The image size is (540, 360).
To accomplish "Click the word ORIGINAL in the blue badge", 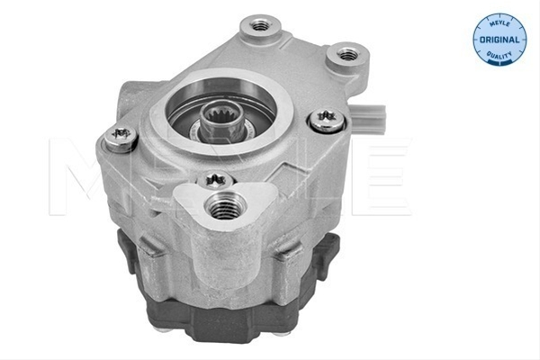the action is (x=499, y=40).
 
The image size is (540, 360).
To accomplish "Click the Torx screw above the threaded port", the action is (x=215, y=179).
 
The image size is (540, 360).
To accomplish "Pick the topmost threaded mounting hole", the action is (x=260, y=25).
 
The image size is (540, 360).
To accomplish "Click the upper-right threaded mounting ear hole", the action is (x=347, y=54).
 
